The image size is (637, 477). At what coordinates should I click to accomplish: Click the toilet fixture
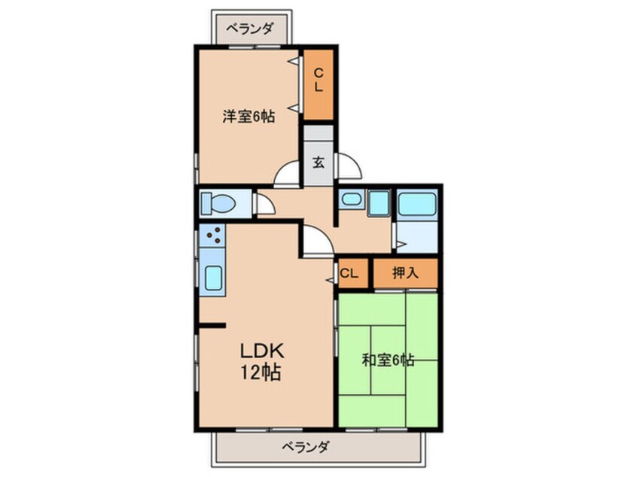(218, 203)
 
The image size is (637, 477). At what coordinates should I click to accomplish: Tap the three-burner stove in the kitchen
(212, 235)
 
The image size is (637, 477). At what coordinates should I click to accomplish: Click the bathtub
(417, 204)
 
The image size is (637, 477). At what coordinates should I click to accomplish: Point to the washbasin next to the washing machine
(352, 199)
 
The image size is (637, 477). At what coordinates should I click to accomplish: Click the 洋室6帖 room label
(248, 117)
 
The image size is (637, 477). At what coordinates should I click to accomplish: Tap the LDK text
(261, 351)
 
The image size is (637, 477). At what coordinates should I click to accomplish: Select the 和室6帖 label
(388, 360)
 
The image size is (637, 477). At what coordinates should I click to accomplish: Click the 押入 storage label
(405, 273)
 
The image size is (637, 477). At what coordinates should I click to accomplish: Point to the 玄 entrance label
(318, 163)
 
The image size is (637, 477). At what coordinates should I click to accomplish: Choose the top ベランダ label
(249, 29)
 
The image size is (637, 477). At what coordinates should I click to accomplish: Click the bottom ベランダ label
(305, 447)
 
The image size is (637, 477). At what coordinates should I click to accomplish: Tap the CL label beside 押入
(349, 273)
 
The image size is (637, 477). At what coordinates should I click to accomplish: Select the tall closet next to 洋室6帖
(318, 84)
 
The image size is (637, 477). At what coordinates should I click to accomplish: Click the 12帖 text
(261, 372)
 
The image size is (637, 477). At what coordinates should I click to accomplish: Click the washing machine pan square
(379, 202)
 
